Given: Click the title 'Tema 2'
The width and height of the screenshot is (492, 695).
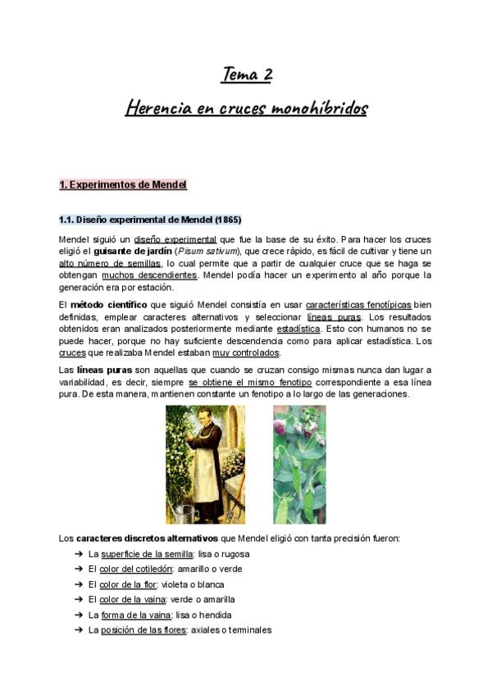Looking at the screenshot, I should tap(246, 75).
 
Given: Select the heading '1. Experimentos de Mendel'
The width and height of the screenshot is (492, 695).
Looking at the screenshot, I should tap(123, 185).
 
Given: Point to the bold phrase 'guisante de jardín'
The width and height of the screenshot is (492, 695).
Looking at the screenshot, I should tap(130, 251).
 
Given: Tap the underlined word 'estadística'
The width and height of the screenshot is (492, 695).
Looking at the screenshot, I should tap(298, 329).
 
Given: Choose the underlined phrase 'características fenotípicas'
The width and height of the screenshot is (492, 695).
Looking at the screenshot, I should tap(358, 305).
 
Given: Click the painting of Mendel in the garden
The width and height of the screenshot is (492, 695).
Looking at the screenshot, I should tap(205, 464).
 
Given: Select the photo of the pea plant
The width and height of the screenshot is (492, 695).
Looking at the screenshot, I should tap(299, 464).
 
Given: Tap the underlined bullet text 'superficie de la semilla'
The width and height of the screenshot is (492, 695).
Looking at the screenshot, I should tap(147, 554).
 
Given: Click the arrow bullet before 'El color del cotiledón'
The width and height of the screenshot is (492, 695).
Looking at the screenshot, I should tap(77, 569).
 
